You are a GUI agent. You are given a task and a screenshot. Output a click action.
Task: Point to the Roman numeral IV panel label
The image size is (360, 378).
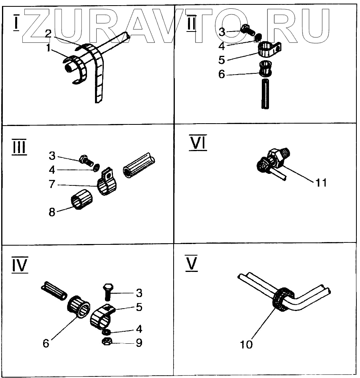point(20,265)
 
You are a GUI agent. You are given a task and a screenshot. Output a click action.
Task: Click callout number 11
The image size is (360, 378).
point(321,183)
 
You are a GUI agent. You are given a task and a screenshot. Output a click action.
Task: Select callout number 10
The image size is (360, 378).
point(247,344)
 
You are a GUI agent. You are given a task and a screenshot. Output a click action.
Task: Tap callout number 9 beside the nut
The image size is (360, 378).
point(138,343)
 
